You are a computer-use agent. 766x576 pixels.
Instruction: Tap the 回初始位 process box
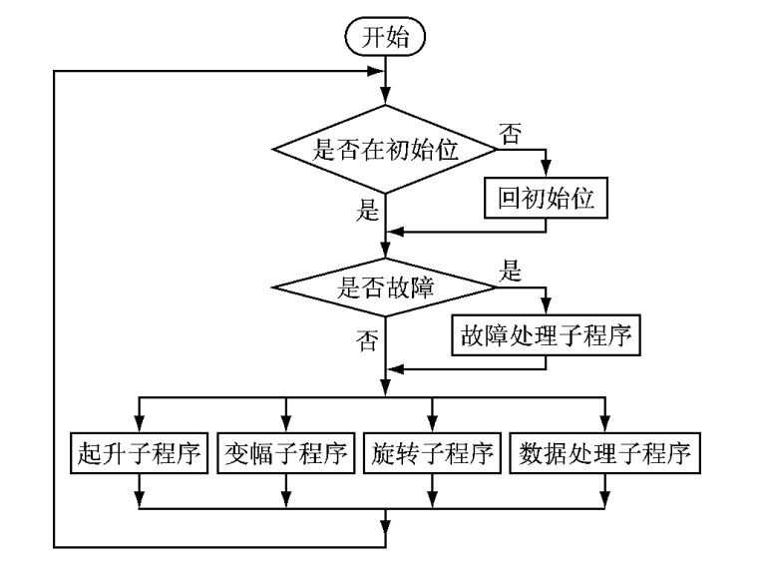click(546, 198)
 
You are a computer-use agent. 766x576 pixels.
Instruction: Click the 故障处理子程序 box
click(545, 335)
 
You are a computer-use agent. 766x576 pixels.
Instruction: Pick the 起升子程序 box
click(140, 454)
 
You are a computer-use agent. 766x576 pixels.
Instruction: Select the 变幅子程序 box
click(287, 454)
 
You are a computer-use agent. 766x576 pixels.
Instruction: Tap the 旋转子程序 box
click(431, 454)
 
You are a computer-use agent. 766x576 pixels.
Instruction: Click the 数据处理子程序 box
click(604, 454)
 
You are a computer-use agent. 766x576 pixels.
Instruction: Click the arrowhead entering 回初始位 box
click(546, 172)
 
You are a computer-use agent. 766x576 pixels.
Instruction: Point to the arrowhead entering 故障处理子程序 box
click(546, 308)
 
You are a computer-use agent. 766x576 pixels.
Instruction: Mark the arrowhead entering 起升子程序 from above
click(140, 423)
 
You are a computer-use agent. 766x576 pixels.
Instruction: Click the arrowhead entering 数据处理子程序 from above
click(604, 423)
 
